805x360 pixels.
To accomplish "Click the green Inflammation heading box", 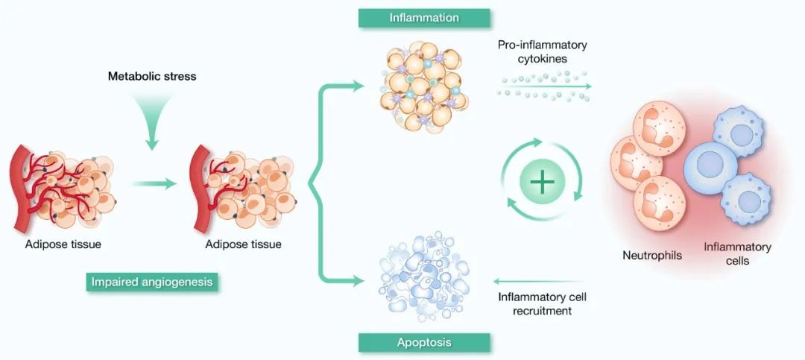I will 424,18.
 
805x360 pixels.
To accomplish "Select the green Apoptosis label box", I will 424,343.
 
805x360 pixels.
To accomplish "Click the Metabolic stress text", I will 152,76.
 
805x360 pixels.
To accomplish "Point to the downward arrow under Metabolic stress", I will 152,123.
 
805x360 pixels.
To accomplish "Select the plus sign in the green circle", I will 541,182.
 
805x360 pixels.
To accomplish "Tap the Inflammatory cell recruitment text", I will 542,304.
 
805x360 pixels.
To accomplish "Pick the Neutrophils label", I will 651,256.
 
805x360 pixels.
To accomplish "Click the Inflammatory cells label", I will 738,254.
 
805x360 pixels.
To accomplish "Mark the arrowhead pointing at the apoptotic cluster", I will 359,281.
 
